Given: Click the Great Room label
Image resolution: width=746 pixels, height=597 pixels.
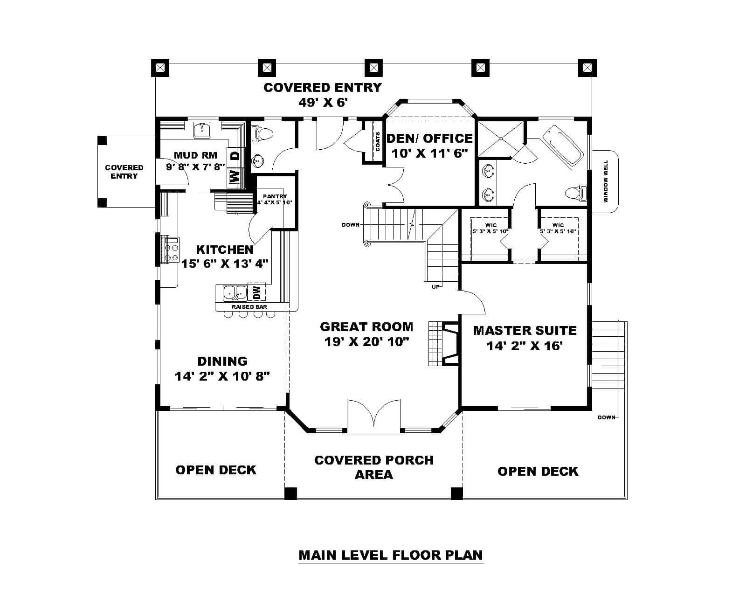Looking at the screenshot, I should pos(366,326).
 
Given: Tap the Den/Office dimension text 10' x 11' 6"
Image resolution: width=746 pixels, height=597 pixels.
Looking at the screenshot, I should pos(429,153).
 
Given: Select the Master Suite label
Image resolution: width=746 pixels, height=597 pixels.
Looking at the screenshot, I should pos(525,330).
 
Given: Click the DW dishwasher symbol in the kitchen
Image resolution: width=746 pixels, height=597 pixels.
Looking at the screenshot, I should pos(257,292).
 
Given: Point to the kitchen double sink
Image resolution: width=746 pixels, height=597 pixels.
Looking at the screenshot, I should pos(235,292).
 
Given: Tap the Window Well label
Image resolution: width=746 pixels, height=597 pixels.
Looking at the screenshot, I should pos(606,181).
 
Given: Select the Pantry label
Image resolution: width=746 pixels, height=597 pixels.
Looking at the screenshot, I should pos(275,196).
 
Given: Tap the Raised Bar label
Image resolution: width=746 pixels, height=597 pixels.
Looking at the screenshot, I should pos(249,307).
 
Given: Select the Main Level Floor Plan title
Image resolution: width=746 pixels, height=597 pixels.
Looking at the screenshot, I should pos(390,555).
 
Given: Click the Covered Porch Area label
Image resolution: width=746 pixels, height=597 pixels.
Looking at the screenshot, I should pos(374,467).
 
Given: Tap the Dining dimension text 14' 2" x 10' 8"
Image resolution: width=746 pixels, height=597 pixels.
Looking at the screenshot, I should pos(222,376).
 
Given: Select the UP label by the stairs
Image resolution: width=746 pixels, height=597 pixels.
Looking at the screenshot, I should pos(436,286).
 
